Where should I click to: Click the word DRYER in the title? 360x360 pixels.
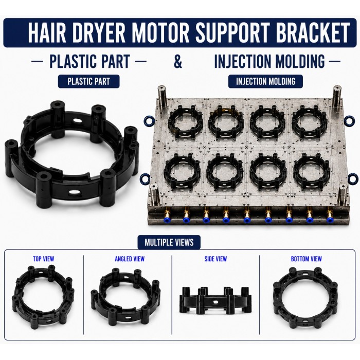[x=100, y=32]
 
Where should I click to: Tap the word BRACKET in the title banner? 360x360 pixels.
[x=313, y=32]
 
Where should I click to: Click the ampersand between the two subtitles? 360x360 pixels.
[x=178, y=61]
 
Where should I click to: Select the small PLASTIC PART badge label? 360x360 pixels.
[x=88, y=81]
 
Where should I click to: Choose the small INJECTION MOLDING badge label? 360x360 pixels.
[x=265, y=81]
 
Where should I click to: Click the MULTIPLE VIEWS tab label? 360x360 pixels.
[x=169, y=242]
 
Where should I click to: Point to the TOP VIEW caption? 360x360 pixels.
[x=44, y=259]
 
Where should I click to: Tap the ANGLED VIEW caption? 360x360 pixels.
[x=130, y=259]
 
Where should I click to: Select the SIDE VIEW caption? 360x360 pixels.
[x=215, y=259]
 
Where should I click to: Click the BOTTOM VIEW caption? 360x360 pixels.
[x=307, y=259]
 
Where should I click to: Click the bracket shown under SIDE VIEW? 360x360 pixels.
[x=215, y=300]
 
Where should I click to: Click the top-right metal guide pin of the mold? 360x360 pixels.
[x=337, y=97]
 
